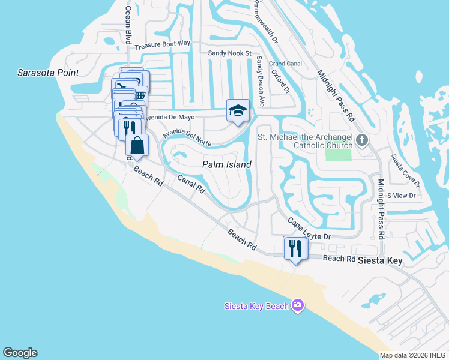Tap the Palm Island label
point(226,164)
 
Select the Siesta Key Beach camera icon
point(297,306)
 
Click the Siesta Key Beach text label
point(256,306)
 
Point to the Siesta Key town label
point(379,261)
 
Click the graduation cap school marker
point(238,110)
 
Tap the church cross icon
point(361,141)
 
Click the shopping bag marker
point(137,145)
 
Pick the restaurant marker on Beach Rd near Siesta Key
point(295,247)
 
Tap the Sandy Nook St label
point(229,53)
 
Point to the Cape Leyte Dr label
point(309,229)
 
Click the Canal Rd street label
point(191,185)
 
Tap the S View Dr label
point(401,196)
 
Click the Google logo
point(20,353)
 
